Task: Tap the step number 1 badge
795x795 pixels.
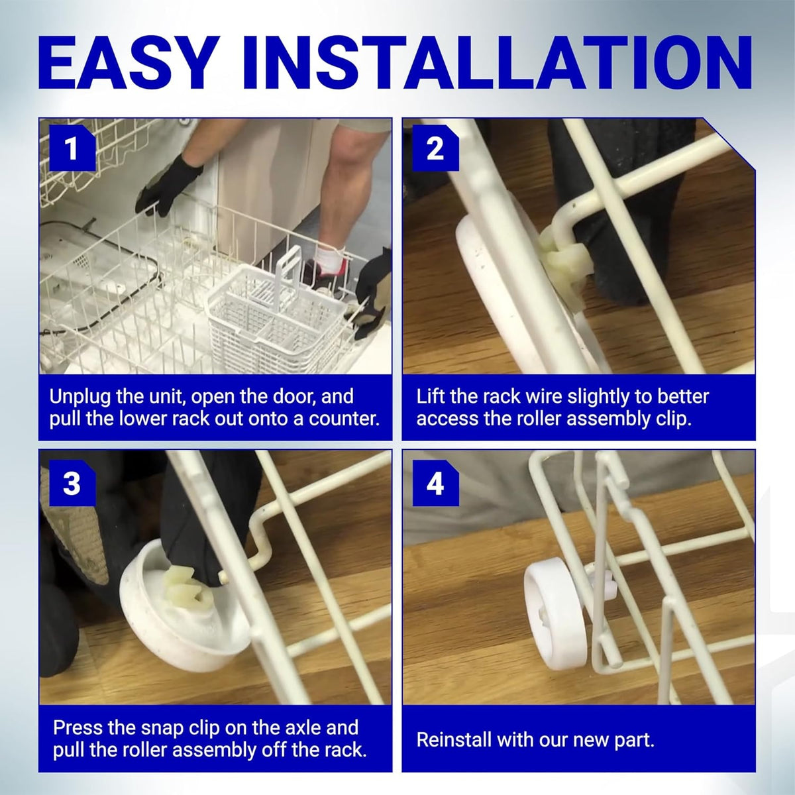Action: click(x=72, y=148)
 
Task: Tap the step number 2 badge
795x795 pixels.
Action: click(x=435, y=148)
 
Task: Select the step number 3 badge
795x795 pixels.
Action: click(x=72, y=483)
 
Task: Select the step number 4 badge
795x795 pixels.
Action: click(x=435, y=483)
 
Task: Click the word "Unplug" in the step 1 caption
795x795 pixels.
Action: click(x=80, y=397)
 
